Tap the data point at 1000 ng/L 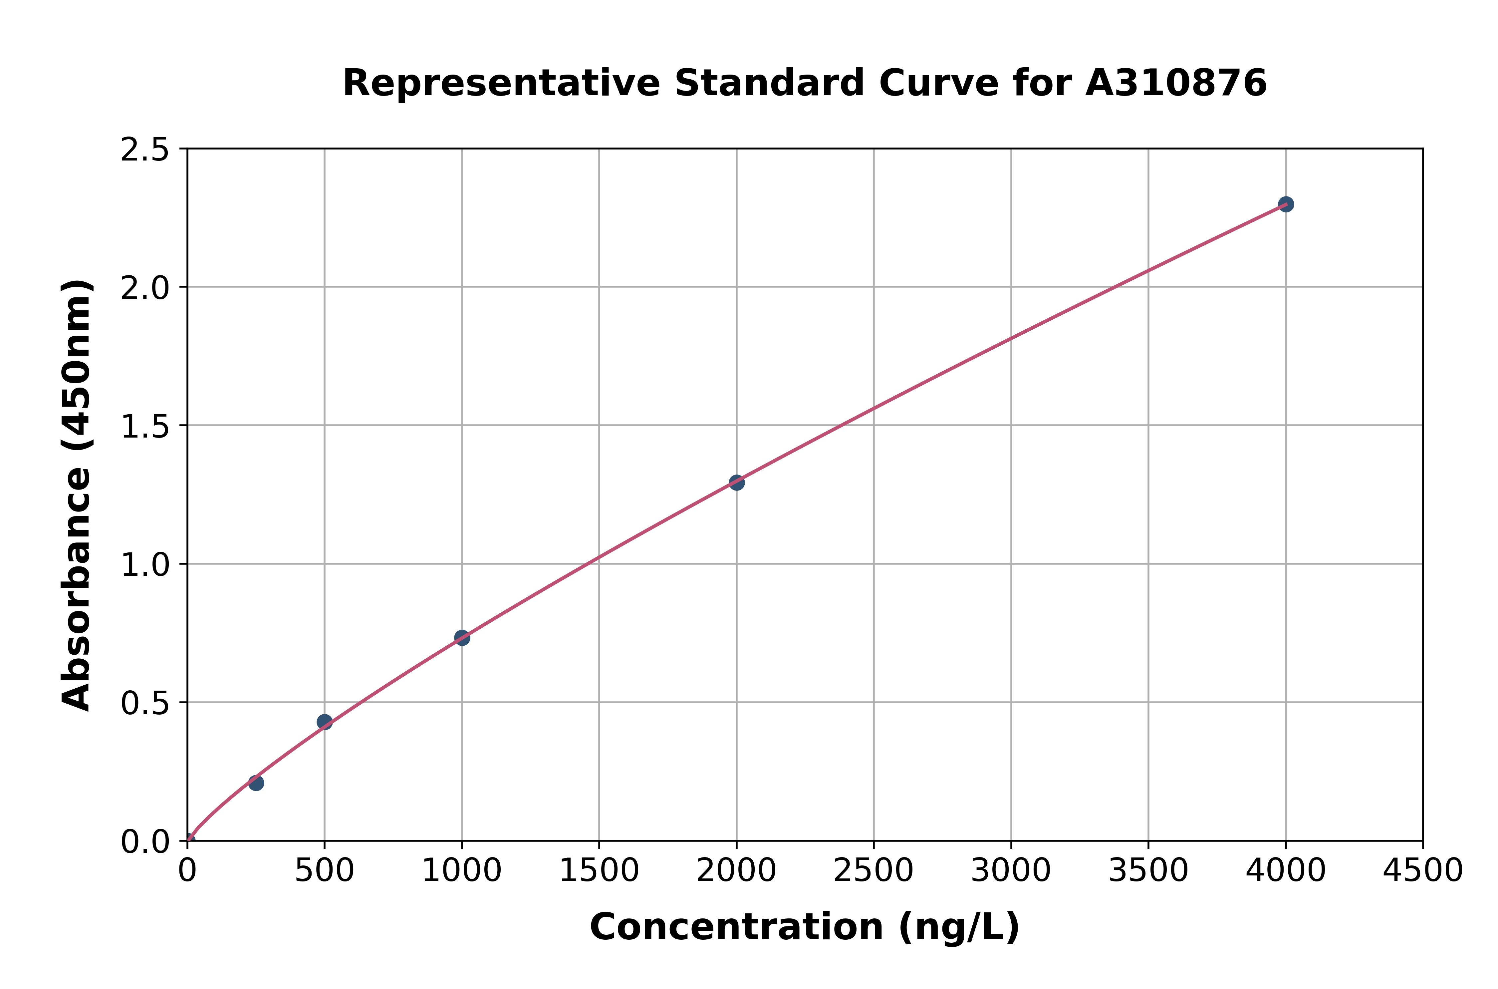[x=462, y=638]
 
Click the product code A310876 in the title [x=1176, y=83]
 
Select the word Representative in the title [x=501, y=83]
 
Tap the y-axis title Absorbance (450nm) [x=77, y=495]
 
